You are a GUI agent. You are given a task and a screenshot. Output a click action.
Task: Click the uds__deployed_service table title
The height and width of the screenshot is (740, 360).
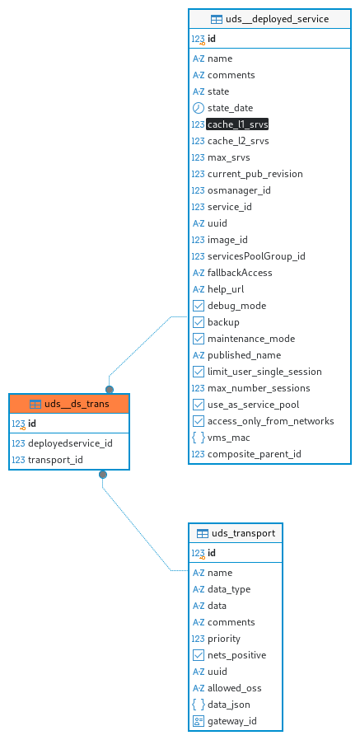[x=277, y=19]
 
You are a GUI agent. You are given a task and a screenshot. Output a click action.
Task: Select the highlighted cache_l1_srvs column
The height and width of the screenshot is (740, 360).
[x=237, y=124]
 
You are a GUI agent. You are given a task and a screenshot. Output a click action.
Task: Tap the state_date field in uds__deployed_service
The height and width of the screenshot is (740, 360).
[x=230, y=108]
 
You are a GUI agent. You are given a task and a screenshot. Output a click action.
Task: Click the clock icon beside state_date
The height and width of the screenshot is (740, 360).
[x=199, y=108]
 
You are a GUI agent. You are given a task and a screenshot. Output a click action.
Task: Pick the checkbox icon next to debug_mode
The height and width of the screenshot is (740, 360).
[x=199, y=306]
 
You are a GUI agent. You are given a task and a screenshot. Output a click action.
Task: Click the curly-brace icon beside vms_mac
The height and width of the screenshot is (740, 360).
[x=199, y=438]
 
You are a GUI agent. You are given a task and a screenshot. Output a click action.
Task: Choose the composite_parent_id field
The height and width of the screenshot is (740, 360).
[x=255, y=454]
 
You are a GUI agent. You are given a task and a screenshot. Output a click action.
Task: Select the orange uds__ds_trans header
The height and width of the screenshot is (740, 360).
[x=69, y=404]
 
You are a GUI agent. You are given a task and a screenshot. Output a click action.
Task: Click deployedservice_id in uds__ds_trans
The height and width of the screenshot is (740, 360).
[x=70, y=443]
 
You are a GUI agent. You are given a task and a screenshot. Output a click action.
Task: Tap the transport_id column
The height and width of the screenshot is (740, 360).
[x=56, y=460]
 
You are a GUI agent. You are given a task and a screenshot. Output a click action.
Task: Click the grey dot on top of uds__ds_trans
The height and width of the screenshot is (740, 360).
[x=110, y=389]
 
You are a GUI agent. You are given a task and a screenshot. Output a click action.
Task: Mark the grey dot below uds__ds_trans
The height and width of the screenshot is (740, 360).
[x=103, y=475]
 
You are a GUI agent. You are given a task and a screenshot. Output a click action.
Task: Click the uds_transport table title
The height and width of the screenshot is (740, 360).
[x=244, y=533]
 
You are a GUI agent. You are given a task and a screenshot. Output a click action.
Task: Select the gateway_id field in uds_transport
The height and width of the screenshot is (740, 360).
[x=232, y=721]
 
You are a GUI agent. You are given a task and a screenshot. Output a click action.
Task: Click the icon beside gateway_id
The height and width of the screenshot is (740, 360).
[x=199, y=721]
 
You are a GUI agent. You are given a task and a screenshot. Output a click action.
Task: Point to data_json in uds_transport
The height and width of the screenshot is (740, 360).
[x=229, y=705]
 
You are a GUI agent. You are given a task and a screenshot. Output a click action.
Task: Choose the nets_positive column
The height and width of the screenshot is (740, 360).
[x=237, y=655]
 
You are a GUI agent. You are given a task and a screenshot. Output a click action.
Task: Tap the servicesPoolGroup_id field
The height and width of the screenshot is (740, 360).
[x=256, y=256]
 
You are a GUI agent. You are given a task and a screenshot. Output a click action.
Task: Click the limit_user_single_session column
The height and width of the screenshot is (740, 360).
[x=264, y=372]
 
